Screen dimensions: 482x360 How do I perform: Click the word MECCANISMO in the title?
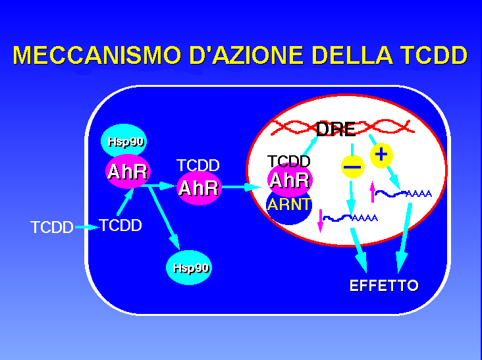pos(97,55)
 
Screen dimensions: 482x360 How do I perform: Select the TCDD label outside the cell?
pos(52,227)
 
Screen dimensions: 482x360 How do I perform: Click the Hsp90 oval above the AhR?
pos(124,141)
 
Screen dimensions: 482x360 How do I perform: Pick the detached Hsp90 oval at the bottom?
pos(189,267)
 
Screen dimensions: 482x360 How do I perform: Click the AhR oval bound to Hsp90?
pos(128,171)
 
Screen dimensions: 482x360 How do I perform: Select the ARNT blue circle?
pos(288,208)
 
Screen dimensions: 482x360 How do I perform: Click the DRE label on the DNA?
pos(336,129)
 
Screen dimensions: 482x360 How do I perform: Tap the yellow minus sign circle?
pos(353,167)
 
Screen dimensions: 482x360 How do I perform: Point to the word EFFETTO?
pos(384,286)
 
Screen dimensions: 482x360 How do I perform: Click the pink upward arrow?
pos(373,192)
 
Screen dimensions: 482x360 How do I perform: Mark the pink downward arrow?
pos(320,220)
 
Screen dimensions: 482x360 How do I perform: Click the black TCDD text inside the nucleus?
pos(288,161)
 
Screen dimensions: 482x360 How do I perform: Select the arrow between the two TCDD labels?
pos(87,227)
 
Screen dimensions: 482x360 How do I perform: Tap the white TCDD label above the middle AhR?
pos(198,165)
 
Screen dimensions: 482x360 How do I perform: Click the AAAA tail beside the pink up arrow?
pos(419,194)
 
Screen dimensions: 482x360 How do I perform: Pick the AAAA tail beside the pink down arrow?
pos(365,218)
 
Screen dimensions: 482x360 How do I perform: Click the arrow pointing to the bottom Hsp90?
pos(164,217)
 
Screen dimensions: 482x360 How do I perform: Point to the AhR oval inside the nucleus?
pos(290,180)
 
